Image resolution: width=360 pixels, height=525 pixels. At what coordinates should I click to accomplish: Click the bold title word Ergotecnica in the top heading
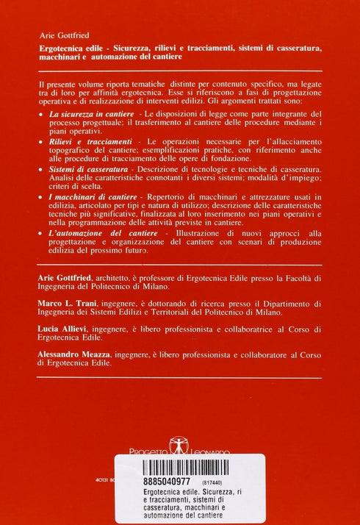pos(67,48)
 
